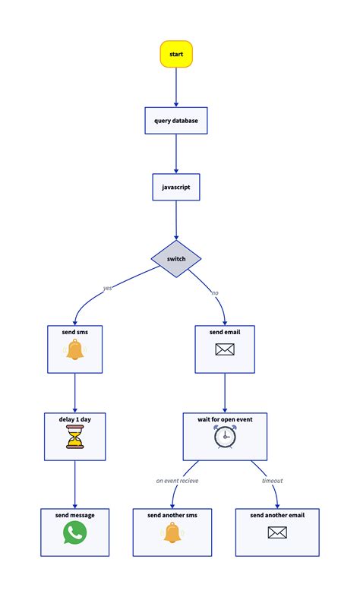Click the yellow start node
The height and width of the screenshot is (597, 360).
pyautogui.click(x=176, y=55)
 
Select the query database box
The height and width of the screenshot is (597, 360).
pyautogui.click(x=176, y=121)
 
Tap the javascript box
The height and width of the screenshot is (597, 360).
pyautogui.click(x=176, y=187)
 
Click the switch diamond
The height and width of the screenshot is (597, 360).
pyautogui.click(x=176, y=259)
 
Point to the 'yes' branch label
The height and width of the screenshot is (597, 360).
pyautogui.click(x=107, y=288)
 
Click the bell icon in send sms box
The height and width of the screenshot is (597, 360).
pyautogui.click(x=74, y=351)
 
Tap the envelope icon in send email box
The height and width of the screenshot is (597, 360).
pyautogui.click(x=225, y=349)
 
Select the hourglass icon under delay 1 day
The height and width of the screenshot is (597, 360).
pyautogui.click(x=74, y=437)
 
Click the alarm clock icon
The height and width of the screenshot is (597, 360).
pyautogui.click(x=225, y=436)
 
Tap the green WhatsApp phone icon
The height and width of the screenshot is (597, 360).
pyautogui.click(x=74, y=532)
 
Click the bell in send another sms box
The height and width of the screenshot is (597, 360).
pyautogui.click(x=172, y=534)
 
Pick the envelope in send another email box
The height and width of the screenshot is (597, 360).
pyautogui.click(x=277, y=532)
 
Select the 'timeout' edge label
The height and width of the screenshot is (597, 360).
pyautogui.click(x=272, y=481)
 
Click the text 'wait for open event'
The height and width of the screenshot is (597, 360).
pyautogui.click(x=225, y=419)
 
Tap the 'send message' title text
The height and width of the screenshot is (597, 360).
pyautogui.click(x=74, y=515)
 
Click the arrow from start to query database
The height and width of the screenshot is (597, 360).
pyautogui.click(x=176, y=87)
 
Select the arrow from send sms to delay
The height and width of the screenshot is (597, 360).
pyautogui.click(x=74, y=393)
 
